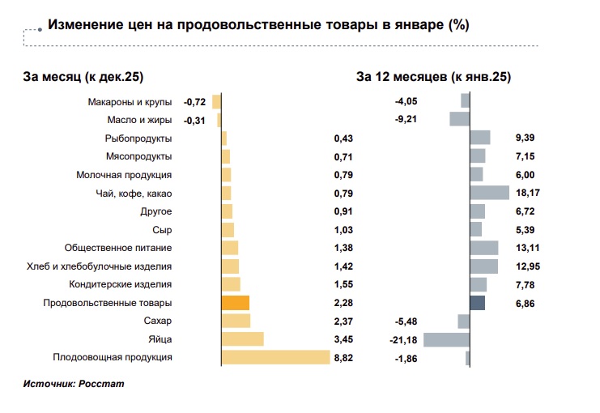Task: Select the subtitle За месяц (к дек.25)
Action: tap(83, 77)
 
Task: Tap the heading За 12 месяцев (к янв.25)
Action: tap(433, 77)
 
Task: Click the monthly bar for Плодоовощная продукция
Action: tap(275, 357)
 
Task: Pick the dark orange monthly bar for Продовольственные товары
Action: tap(235, 303)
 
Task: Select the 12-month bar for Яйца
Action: tap(446, 339)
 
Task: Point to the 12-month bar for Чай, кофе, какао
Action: tap(489, 193)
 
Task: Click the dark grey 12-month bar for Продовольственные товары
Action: tap(477, 303)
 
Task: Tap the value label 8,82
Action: tap(343, 357)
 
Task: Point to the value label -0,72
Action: tap(194, 102)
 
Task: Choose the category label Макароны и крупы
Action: tap(129, 102)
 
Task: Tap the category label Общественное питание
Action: tap(118, 248)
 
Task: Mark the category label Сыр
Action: tap(162, 230)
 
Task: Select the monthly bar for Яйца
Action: tap(242, 339)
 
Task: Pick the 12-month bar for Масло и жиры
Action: tap(459, 120)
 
